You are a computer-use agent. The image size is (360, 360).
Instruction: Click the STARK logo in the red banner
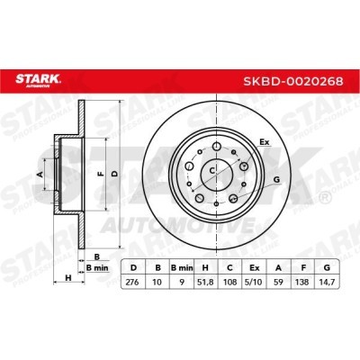coord(38,80)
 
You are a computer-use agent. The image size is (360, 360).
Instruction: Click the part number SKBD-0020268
coord(293,81)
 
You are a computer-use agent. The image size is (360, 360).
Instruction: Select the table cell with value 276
coord(132,282)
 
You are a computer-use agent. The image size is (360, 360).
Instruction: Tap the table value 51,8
coord(206,282)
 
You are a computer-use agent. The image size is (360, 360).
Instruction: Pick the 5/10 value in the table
coord(254,282)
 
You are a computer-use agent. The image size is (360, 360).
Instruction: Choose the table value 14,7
coord(327,282)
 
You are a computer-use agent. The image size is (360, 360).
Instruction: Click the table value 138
coord(302,282)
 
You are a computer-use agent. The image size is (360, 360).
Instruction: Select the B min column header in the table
coord(182,268)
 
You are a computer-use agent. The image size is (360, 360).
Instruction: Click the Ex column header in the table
coord(254,268)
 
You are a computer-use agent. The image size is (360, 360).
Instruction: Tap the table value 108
coord(229,282)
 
